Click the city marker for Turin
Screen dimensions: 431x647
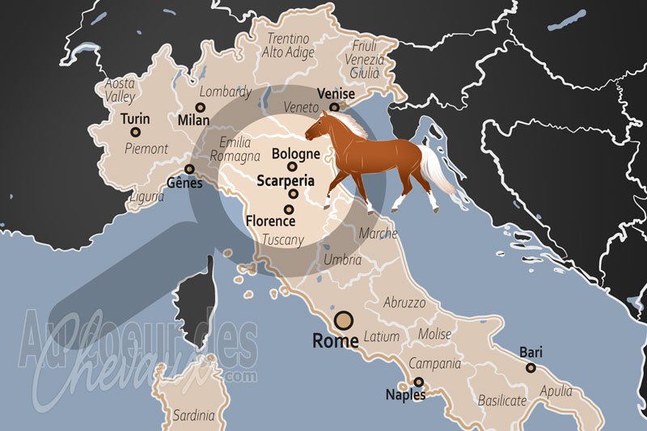click(x=135, y=132)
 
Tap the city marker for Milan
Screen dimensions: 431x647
click(x=200, y=107)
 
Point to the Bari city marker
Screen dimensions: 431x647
click(x=531, y=367)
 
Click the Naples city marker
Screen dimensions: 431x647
click(x=418, y=382)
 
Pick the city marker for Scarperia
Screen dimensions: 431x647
click(x=293, y=194)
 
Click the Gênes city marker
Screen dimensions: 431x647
click(x=190, y=169)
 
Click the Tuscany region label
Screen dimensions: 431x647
click(x=283, y=239)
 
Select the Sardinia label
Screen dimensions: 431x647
click(x=193, y=416)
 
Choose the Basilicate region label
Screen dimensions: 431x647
click(x=502, y=400)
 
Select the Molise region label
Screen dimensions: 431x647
click(x=434, y=334)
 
